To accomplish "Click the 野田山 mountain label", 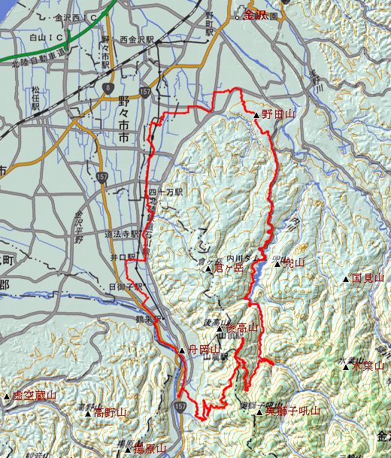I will [279, 114].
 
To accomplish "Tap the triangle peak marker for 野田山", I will [257, 116].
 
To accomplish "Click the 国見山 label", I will [368, 278].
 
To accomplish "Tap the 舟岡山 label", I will [204, 350].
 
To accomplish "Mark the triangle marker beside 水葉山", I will [346, 367].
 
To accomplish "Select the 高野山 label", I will [111, 413].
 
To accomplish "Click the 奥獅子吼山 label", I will [292, 411].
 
